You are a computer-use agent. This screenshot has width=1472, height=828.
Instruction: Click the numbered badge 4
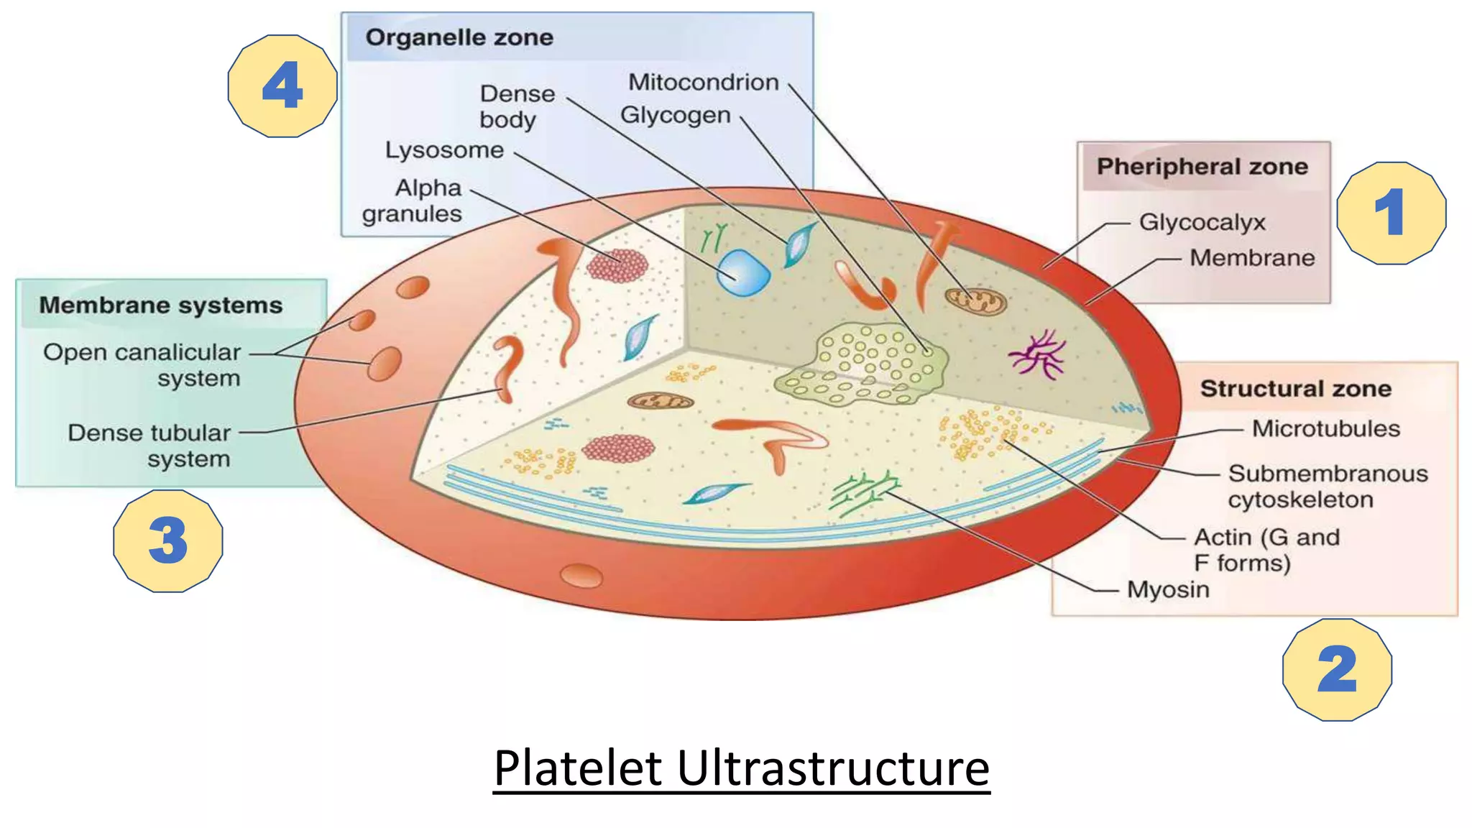pyautogui.click(x=282, y=86)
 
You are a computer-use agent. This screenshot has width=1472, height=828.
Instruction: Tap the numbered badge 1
pyautogui.click(x=1391, y=213)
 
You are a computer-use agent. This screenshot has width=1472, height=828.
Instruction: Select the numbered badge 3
pyautogui.click(x=167, y=540)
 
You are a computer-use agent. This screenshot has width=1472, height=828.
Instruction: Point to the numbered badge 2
pyautogui.click(x=1337, y=669)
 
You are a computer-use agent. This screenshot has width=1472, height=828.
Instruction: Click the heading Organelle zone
pyautogui.click(x=459, y=37)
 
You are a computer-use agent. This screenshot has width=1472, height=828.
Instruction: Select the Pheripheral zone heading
pyautogui.click(x=1202, y=167)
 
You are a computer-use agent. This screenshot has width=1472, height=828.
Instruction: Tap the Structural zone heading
pyautogui.click(x=1295, y=389)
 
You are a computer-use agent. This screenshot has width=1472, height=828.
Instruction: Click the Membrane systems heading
pyautogui.click(x=160, y=305)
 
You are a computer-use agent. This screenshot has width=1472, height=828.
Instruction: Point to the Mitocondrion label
pyautogui.click(x=703, y=83)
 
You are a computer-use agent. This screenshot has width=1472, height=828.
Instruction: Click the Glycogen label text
pyautogui.click(x=675, y=115)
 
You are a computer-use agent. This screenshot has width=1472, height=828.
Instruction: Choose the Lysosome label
pyautogui.click(x=444, y=150)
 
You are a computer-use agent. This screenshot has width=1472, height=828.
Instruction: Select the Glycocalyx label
pyautogui.click(x=1202, y=222)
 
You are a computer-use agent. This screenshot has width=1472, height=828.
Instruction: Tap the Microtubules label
pyautogui.click(x=1325, y=429)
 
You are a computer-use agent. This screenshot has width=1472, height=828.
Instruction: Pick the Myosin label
pyautogui.click(x=1168, y=589)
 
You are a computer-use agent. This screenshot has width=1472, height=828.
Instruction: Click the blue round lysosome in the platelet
pyautogui.click(x=743, y=272)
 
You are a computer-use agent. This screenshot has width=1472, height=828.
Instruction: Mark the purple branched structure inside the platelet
pyautogui.click(x=1037, y=354)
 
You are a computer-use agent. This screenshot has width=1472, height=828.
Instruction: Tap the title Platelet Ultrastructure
pyautogui.click(x=741, y=768)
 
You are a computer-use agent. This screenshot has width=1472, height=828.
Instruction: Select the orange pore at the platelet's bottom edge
pyautogui.click(x=581, y=576)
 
